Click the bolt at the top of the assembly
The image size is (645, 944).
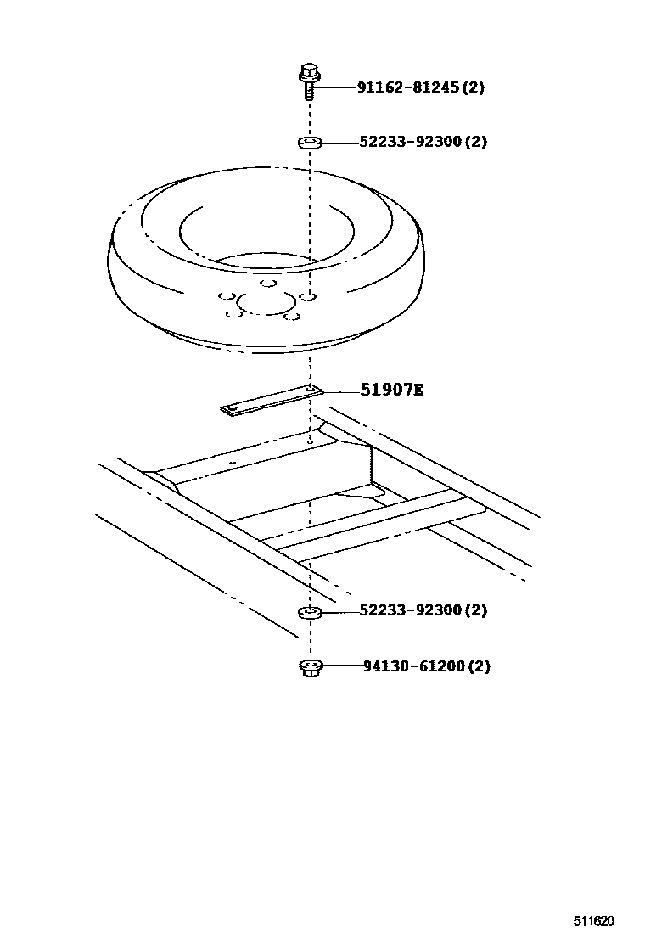309,81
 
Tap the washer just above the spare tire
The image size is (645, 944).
310,143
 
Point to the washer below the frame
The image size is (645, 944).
311,612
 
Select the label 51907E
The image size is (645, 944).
392,390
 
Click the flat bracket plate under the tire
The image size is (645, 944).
272,401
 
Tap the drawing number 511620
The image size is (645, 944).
593,921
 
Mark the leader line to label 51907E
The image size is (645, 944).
341,391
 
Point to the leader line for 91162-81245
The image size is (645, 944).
338,88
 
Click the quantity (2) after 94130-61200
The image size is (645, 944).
479,666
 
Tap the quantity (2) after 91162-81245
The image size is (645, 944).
473,87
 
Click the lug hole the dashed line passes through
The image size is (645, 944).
309,297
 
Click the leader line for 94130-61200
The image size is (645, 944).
343,666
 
